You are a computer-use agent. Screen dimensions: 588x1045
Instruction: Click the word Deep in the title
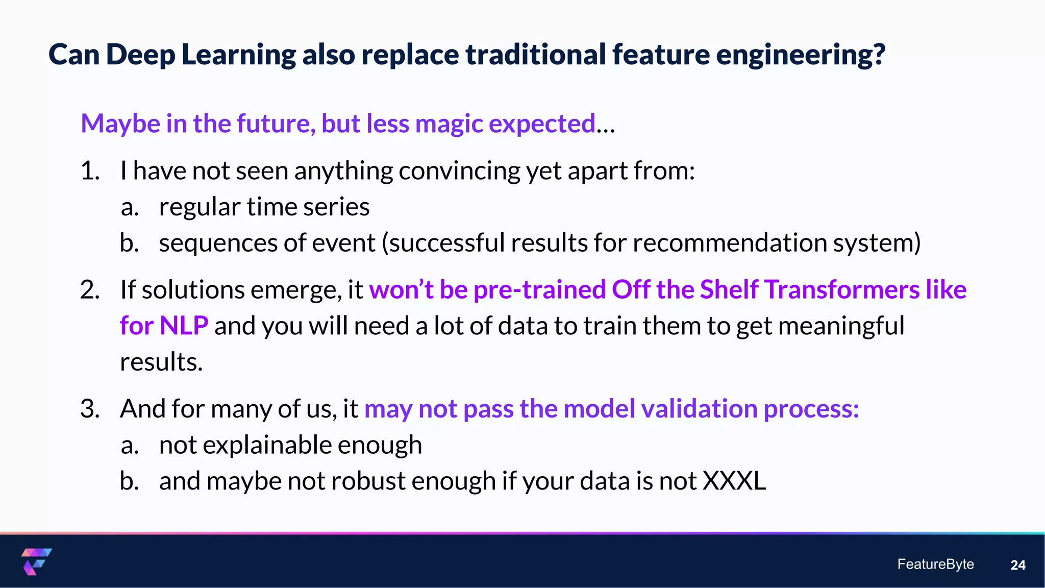[140, 55]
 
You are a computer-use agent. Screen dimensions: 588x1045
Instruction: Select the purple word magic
[449, 124]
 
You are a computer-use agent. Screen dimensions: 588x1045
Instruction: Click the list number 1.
[89, 170]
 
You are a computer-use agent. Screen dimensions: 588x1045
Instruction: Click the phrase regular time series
[264, 207]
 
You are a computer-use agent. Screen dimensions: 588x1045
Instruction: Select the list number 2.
[89, 290]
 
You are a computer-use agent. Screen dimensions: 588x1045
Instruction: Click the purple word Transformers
[842, 290]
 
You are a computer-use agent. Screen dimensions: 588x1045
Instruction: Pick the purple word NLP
[184, 326]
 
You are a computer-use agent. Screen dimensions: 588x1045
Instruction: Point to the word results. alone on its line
[161, 362]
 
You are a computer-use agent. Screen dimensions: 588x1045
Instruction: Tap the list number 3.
[89, 409]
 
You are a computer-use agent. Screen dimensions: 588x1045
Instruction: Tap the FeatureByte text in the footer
[935, 564]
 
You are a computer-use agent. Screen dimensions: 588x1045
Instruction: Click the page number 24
[1017, 565]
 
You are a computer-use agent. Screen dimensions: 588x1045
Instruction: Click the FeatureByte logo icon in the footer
[36, 561]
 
